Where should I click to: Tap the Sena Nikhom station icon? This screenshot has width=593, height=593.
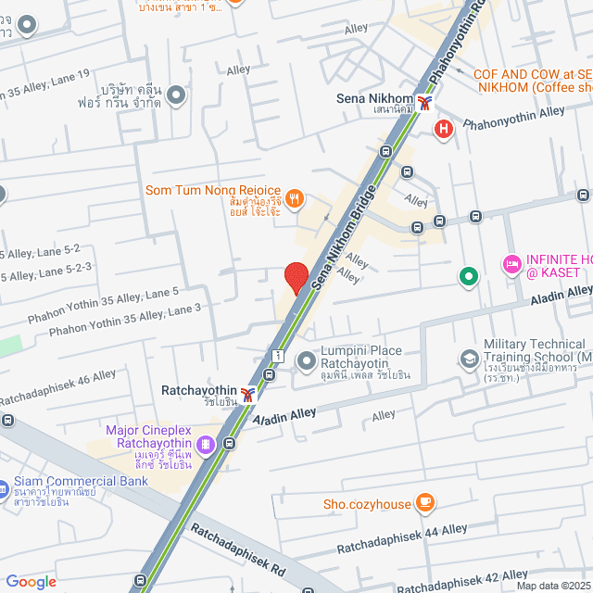(424, 103)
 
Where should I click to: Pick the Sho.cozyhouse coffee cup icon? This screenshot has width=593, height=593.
(425, 502)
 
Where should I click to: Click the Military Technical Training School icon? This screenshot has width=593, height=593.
(470, 358)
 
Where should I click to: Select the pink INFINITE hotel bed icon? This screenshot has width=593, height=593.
(511, 265)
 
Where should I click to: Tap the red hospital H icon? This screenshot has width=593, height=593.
(444, 129)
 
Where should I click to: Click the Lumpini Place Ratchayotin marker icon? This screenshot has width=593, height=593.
(306, 360)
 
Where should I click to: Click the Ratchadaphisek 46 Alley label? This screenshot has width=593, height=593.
(57, 387)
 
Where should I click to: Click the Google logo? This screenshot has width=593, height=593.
(31, 581)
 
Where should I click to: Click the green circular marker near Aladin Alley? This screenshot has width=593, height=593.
(469, 275)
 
